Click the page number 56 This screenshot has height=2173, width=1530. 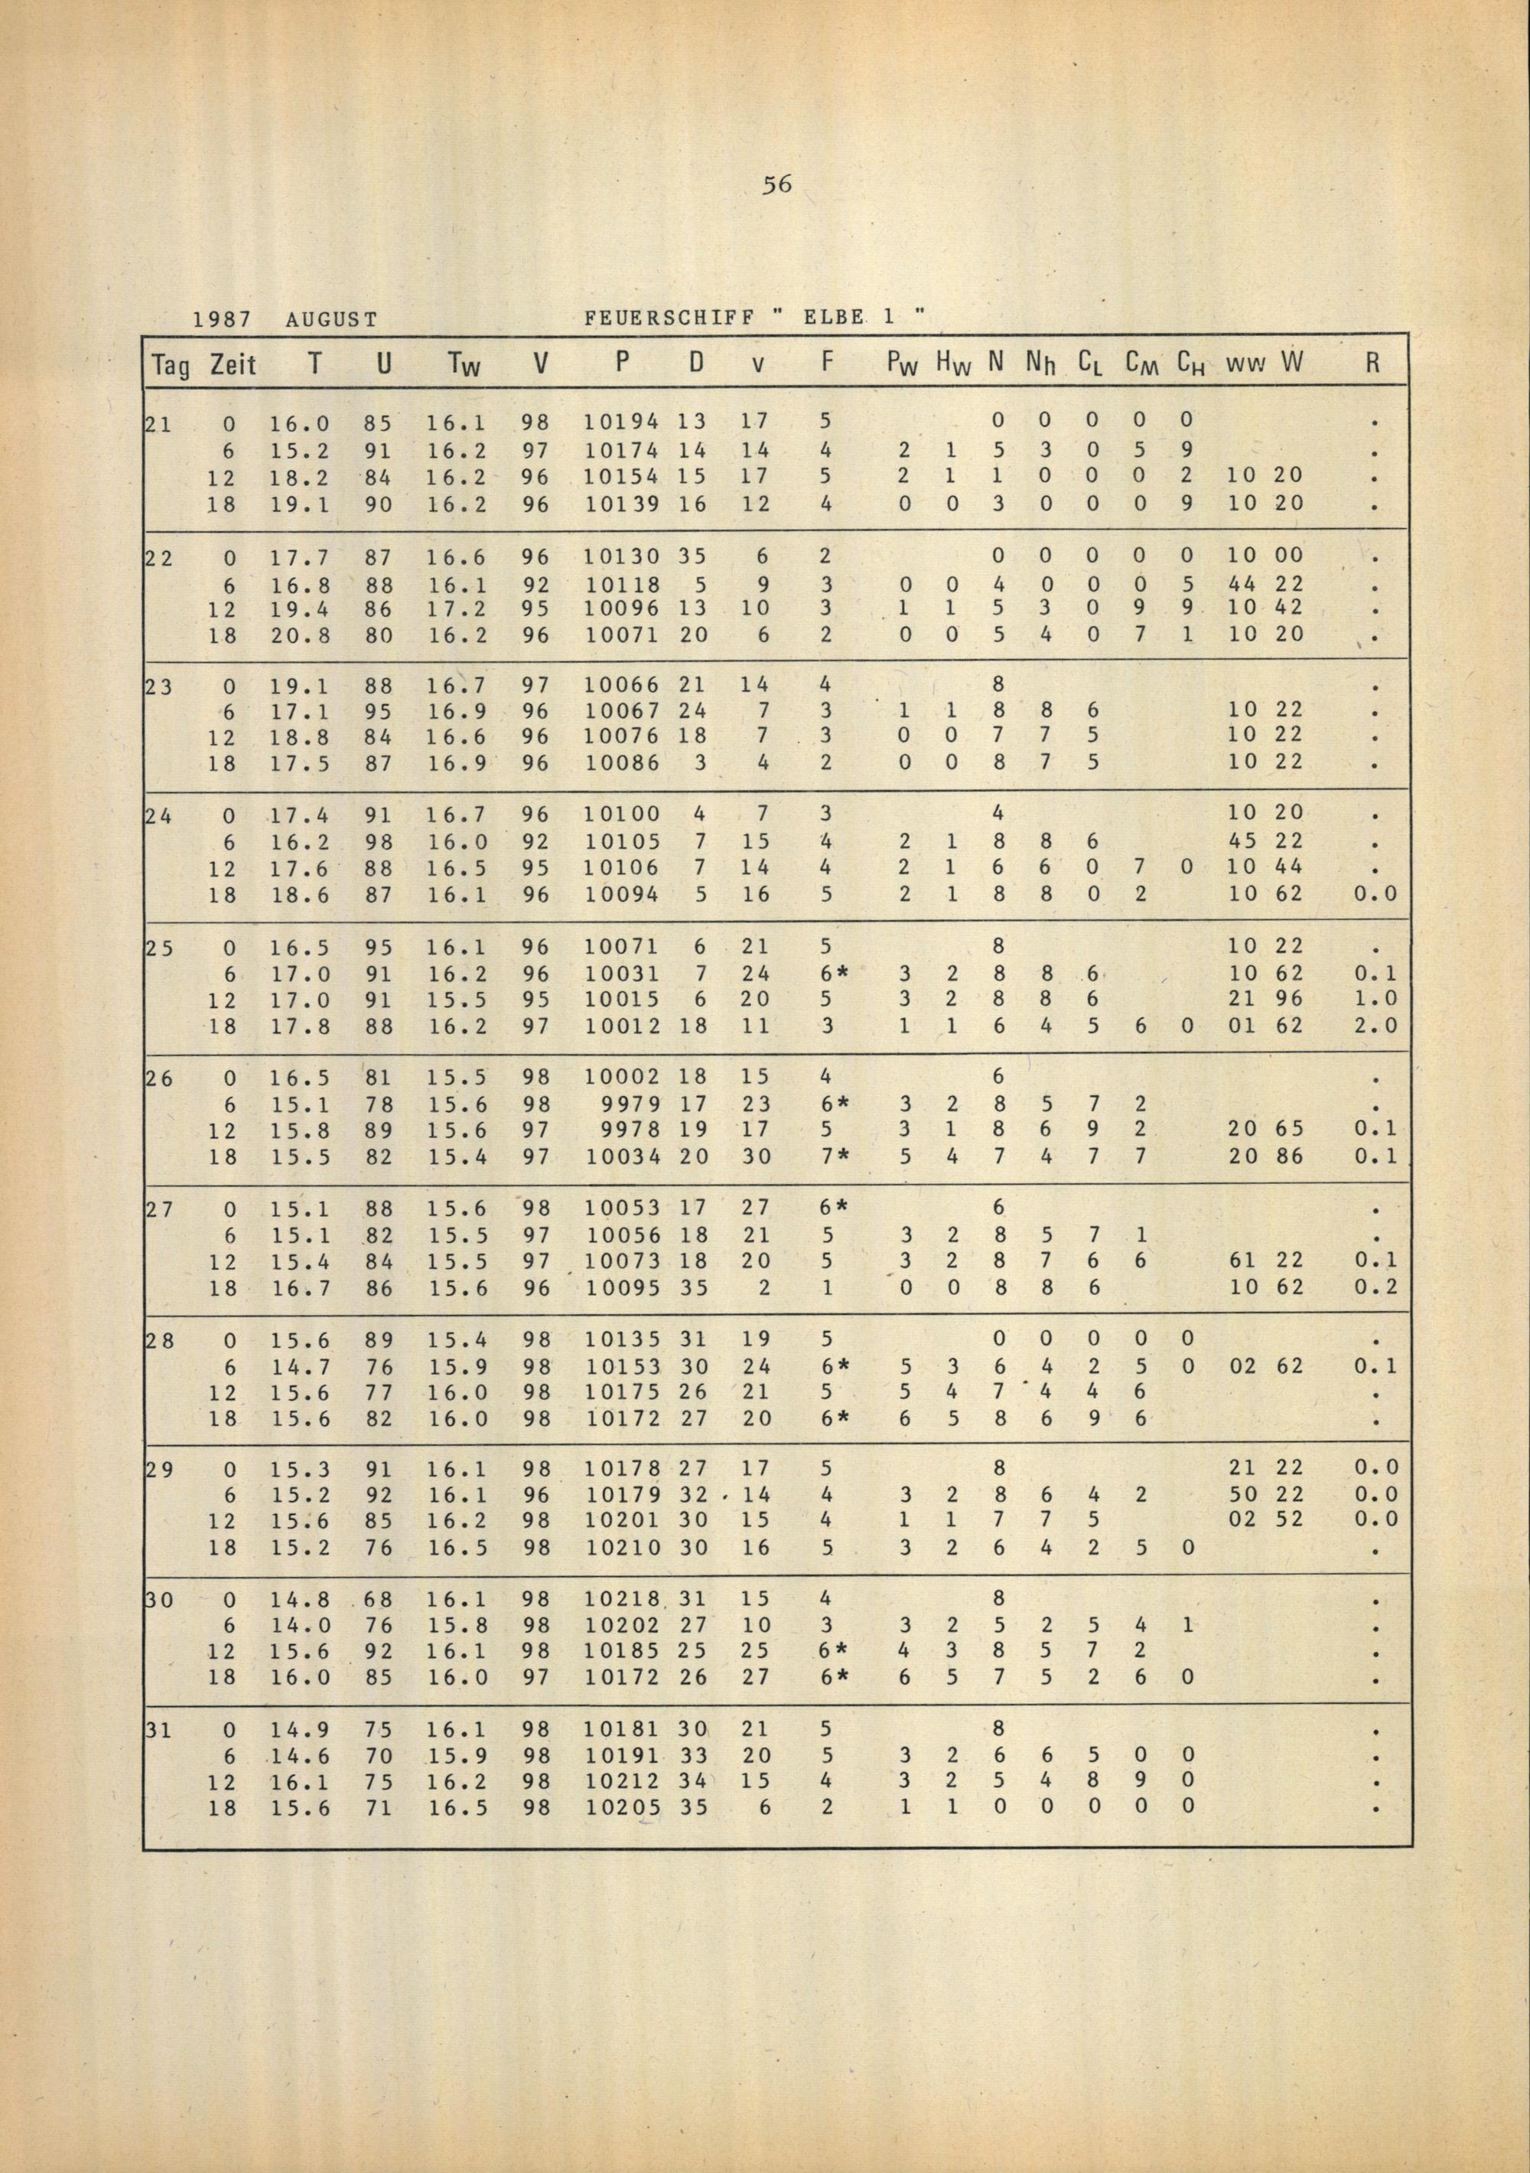(x=776, y=185)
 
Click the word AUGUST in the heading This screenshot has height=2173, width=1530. (x=331, y=320)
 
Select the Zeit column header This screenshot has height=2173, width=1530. (x=233, y=364)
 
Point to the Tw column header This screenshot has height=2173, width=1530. (x=464, y=364)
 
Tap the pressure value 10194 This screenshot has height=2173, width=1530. (x=622, y=419)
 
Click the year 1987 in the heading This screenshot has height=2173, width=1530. (x=221, y=320)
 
